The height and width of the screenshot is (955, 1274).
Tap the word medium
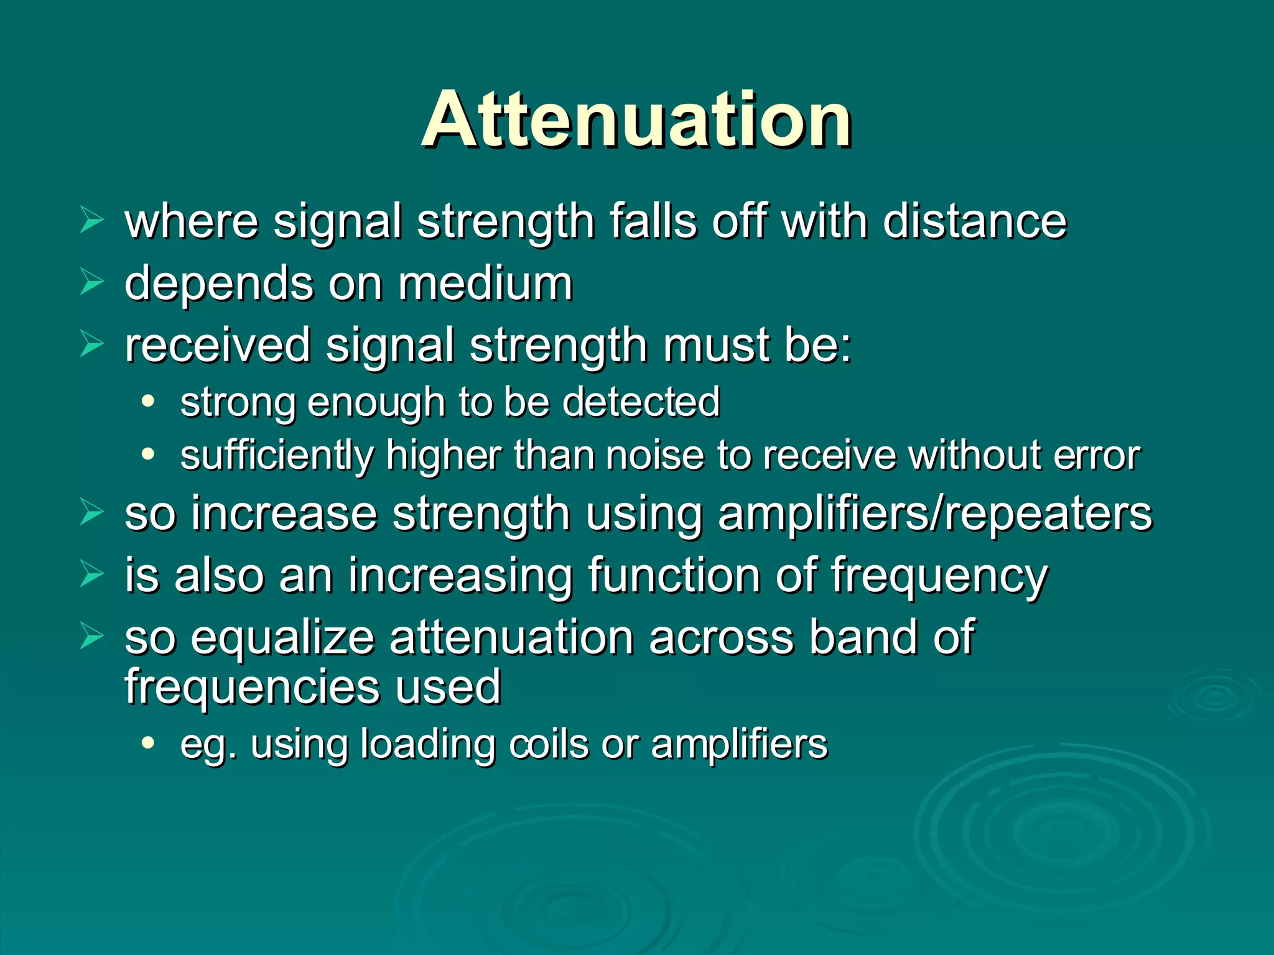pos(485,284)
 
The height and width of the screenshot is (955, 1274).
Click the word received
pos(217,345)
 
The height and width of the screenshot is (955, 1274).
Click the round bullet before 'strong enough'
pos(147,401)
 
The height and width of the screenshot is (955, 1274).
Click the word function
pos(674,576)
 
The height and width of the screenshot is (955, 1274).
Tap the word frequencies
pos(253,688)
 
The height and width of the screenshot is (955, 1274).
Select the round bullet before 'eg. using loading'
pos(147,742)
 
